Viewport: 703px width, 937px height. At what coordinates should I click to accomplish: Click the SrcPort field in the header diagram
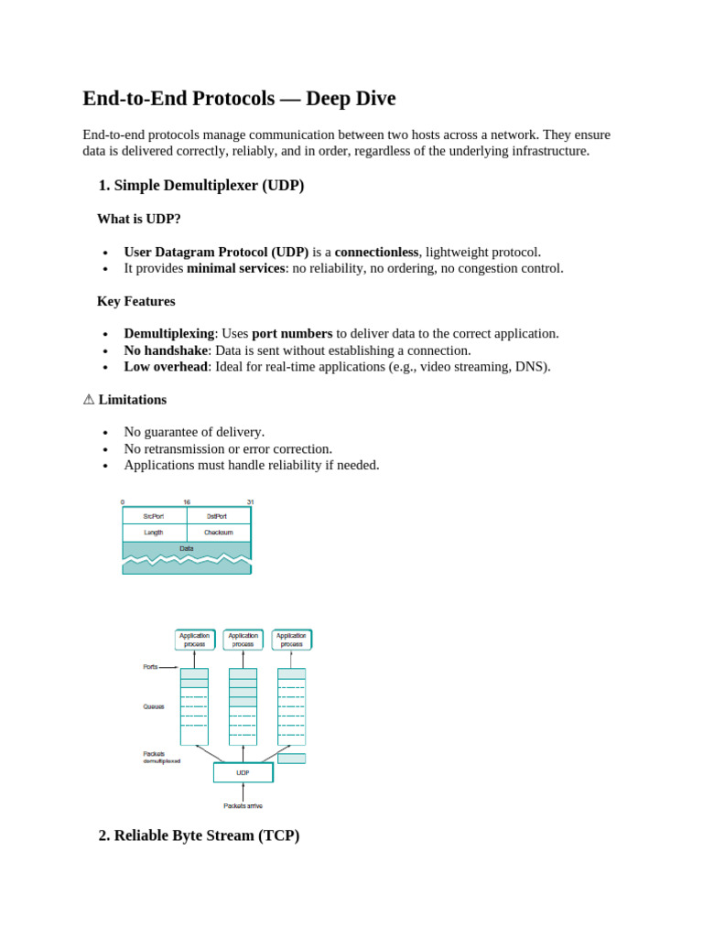point(154,516)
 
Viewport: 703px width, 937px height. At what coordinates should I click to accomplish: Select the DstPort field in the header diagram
point(217,516)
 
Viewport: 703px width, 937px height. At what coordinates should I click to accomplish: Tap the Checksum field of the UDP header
point(218,533)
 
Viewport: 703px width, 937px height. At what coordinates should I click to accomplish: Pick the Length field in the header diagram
point(154,533)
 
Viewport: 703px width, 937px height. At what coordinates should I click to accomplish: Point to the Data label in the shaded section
point(186,549)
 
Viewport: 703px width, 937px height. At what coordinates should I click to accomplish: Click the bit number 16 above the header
point(187,502)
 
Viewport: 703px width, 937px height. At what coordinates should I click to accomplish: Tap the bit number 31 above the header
point(250,502)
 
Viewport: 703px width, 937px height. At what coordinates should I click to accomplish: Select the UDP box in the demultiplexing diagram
point(243,772)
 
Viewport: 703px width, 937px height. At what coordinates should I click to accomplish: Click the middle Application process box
point(243,640)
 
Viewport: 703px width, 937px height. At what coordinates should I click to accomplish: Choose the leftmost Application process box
point(194,640)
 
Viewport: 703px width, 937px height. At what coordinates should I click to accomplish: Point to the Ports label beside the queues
point(151,667)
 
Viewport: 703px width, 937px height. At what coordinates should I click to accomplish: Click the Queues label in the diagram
point(154,706)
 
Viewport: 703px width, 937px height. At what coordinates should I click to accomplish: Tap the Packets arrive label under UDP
point(243,806)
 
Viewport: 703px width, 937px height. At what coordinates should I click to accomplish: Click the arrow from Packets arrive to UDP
point(243,792)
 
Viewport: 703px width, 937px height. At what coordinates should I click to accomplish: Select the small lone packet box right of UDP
point(291,759)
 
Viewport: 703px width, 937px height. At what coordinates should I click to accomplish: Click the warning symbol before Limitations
point(89,400)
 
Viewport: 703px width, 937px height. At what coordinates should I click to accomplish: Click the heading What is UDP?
point(139,219)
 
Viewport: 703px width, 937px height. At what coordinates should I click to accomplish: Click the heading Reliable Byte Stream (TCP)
point(199,835)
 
